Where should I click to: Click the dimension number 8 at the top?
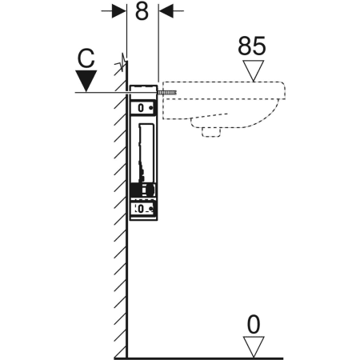click(142, 12)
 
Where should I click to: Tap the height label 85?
click(252, 46)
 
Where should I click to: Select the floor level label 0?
click(254, 325)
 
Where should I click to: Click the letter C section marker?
click(86, 58)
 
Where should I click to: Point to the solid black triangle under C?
click(86, 81)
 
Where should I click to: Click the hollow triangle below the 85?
click(254, 70)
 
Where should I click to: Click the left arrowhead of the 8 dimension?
click(118, 11)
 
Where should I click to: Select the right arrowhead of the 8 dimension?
click(166, 11)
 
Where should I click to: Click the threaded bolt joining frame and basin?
click(167, 93)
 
